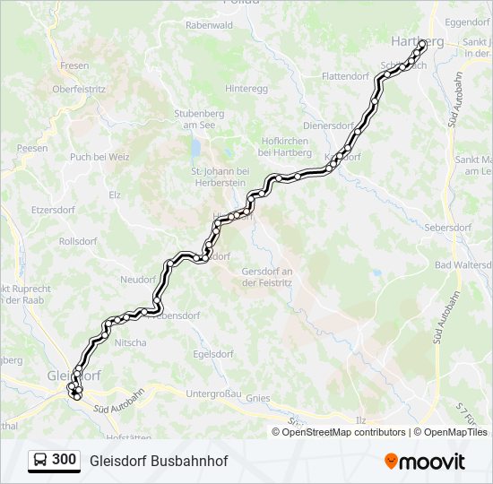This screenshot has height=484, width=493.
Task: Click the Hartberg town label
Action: [417, 41]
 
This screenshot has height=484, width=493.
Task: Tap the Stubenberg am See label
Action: [195, 120]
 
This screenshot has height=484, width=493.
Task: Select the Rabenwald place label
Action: [208, 26]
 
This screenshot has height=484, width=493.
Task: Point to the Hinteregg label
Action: [246, 89]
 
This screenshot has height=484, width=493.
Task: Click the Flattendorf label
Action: [345, 76]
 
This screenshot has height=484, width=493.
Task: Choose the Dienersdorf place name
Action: [329, 126]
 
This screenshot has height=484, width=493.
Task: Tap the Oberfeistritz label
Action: [79, 90]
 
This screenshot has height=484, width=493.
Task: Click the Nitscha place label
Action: [131, 342]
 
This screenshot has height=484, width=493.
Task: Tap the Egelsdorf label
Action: [212, 354]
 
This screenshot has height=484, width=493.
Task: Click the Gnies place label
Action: [257, 397]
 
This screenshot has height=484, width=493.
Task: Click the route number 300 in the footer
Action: [64, 460]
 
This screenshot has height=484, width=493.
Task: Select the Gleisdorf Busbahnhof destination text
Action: [159, 461]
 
